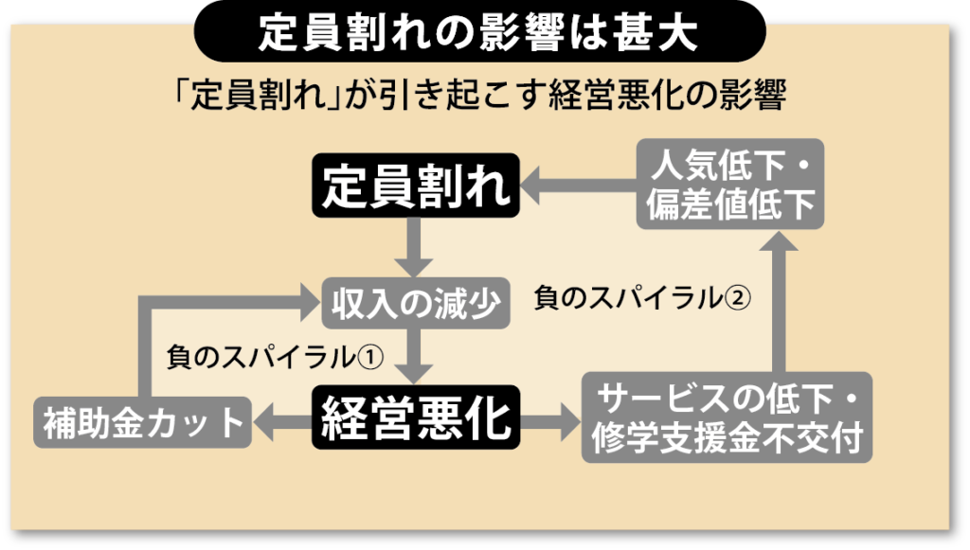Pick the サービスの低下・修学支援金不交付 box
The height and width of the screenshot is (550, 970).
coord(727,417)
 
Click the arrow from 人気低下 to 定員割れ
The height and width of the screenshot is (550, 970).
coord(578,186)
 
